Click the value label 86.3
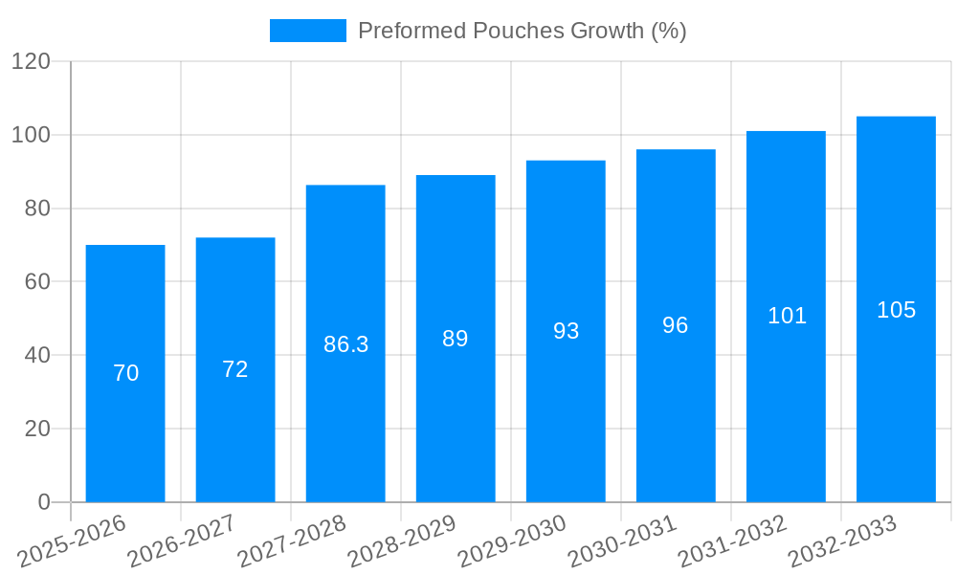point(345,344)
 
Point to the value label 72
point(235,369)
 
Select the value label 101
point(787,316)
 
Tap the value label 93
point(566,331)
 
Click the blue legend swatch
point(308,31)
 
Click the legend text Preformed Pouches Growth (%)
point(523,31)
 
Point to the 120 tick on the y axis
point(31,62)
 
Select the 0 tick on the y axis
point(43,502)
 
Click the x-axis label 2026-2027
point(182,541)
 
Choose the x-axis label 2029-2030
point(512,541)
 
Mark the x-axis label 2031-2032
point(732,541)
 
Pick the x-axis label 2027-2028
point(292,541)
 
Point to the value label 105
point(896,310)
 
